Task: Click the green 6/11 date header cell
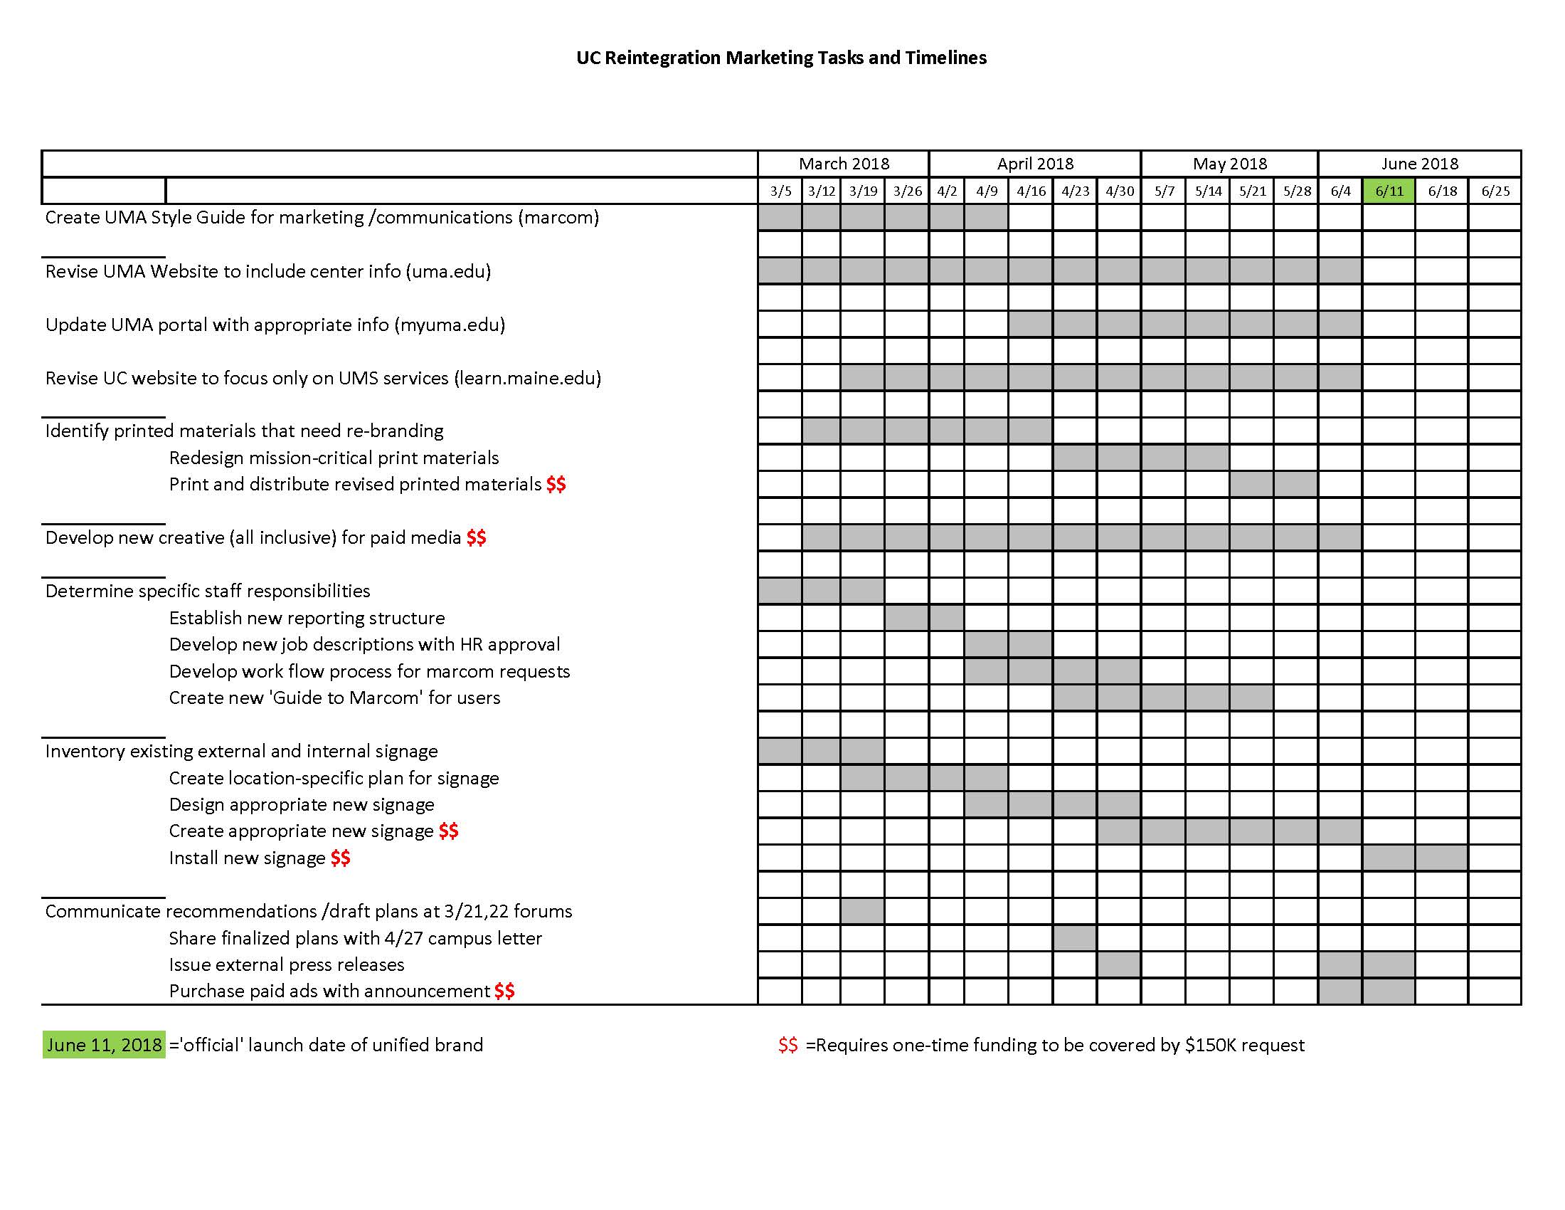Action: click(x=1388, y=191)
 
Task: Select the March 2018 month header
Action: click(x=844, y=164)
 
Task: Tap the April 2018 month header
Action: click(x=1035, y=164)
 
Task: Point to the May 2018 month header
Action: click(x=1229, y=164)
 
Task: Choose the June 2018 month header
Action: click(x=1419, y=164)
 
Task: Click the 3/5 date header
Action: click(x=780, y=191)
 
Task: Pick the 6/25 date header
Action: click(x=1495, y=191)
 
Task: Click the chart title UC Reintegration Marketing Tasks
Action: click(x=781, y=58)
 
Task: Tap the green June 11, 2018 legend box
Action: click(x=104, y=1044)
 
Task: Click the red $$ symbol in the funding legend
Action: click(x=787, y=1045)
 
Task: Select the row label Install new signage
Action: click(x=248, y=858)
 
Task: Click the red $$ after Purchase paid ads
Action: click(x=504, y=991)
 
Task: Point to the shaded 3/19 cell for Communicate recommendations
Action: click(x=862, y=911)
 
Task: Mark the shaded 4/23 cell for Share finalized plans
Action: click(x=1074, y=937)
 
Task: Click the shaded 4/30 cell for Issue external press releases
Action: click(x=1118, y=965)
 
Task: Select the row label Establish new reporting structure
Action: click(x=307, y=618)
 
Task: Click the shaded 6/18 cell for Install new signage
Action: click(x=1441, y=858)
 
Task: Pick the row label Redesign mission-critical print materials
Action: click(x=334, y=458)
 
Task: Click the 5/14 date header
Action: click(x=1207, y=191)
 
